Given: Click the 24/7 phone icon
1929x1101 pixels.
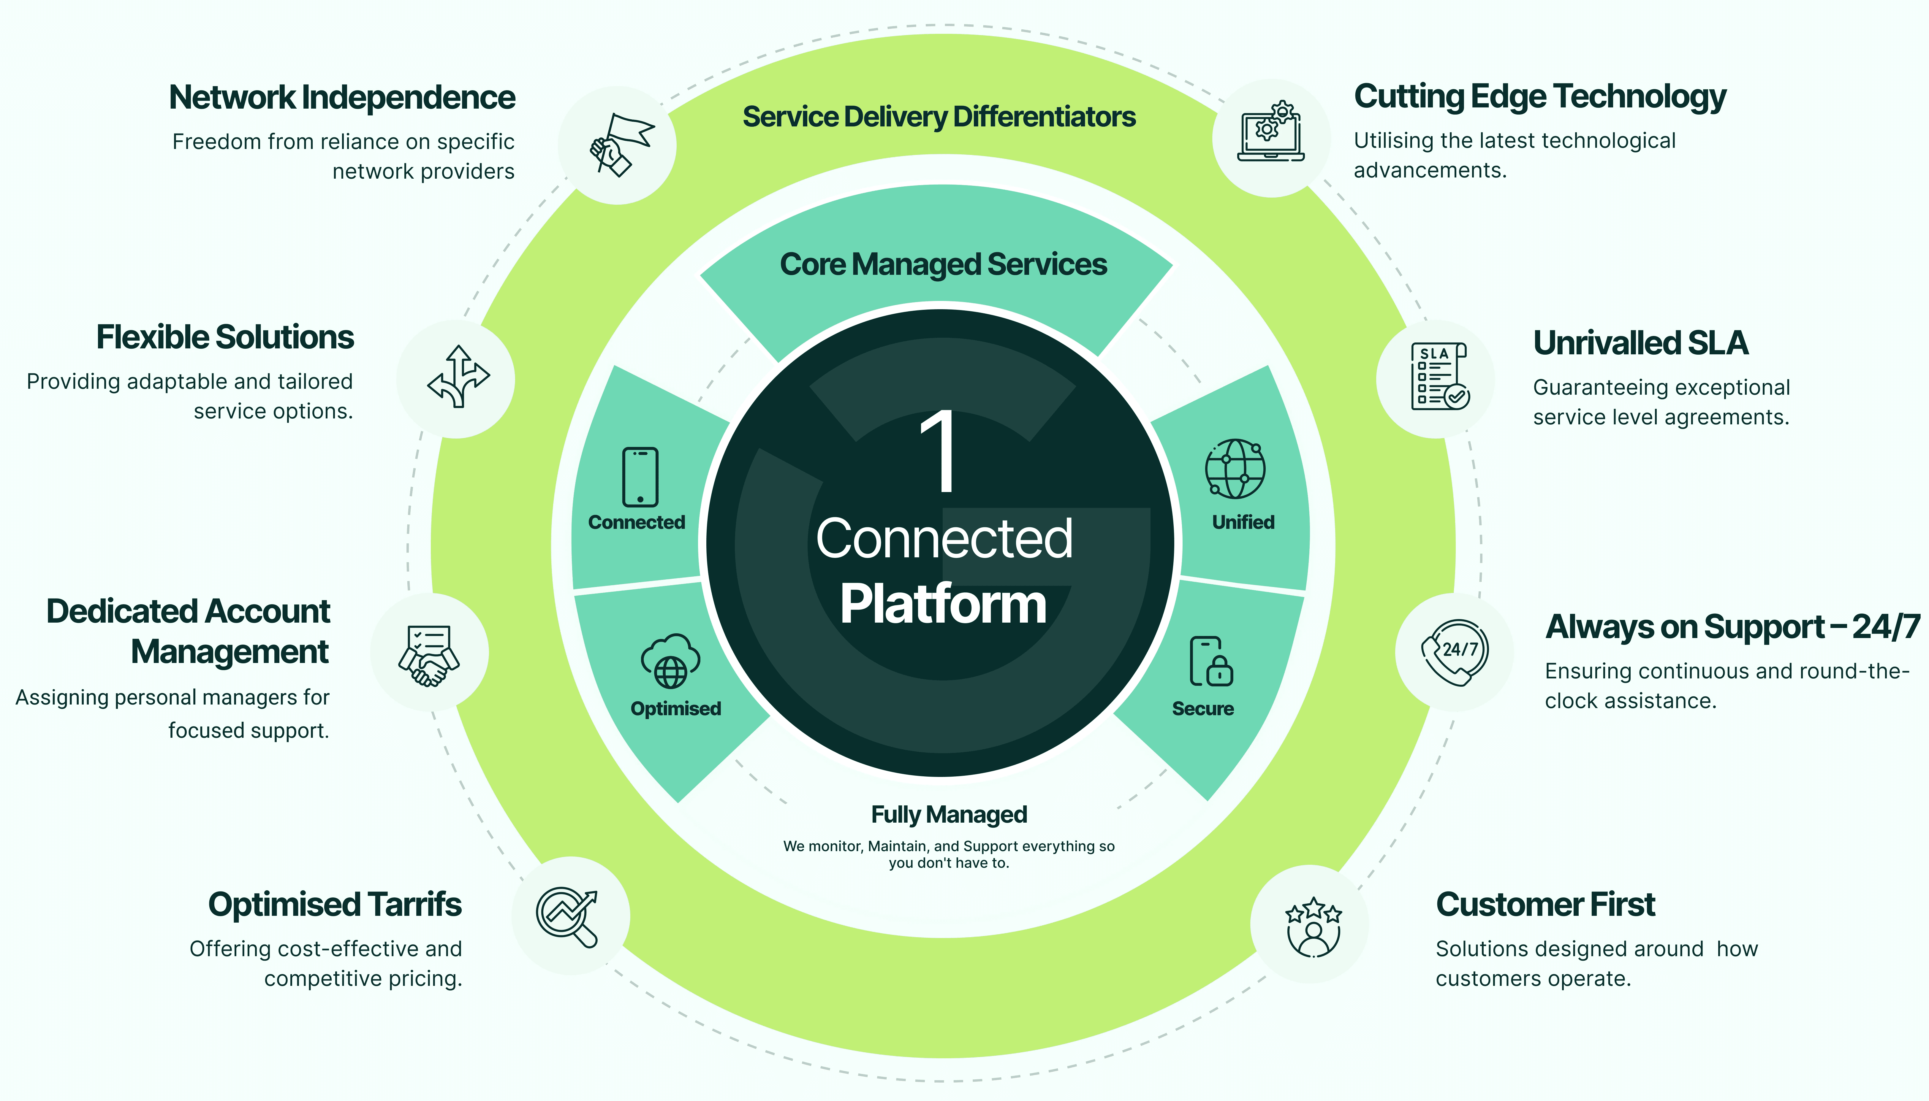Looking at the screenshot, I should coord(1454,652).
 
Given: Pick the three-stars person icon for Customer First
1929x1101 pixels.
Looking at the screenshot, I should coord(1313,926).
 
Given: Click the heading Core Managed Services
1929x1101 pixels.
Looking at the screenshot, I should coord(943,265).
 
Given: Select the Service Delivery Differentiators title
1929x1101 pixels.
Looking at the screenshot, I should coord(939,117).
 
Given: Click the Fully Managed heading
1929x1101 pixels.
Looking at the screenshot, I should coord(949,814).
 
